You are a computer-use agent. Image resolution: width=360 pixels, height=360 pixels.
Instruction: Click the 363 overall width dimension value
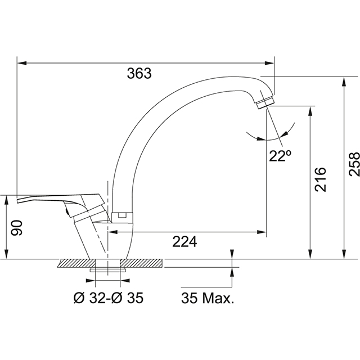click(139, 73)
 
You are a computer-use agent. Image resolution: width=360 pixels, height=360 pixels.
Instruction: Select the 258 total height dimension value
click(354, 164)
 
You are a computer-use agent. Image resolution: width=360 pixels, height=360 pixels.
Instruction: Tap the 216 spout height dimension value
click(319, 179)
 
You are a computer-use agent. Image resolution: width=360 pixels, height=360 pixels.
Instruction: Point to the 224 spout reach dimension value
click(184, 241)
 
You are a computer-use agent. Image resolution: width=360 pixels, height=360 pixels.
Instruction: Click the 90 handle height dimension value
click(17, 227)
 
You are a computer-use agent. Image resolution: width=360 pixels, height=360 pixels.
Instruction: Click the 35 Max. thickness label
click(206, 298)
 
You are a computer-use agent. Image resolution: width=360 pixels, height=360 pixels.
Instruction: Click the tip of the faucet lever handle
click(20, 200)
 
